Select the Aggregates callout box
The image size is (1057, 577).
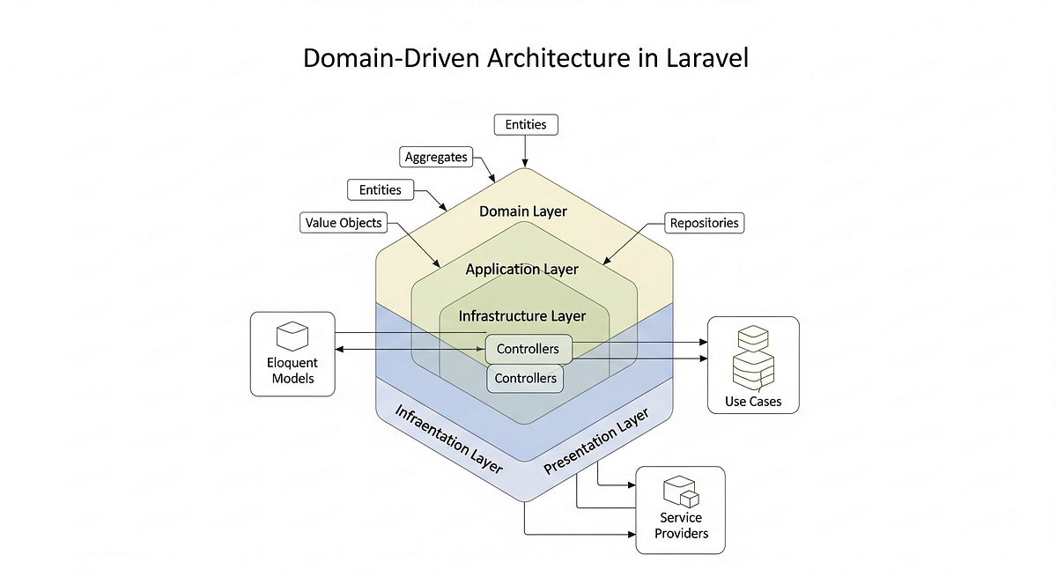435,158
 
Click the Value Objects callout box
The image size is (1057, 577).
343,223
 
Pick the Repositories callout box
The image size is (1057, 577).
705,223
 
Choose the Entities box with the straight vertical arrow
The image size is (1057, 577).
525,124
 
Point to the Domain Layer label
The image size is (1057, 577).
523,211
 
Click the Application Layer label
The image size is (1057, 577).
522,269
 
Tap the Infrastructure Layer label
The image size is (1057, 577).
522,314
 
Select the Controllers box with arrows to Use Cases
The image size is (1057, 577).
528,349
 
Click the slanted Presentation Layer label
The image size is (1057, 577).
595,441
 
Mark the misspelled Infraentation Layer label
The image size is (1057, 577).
448,440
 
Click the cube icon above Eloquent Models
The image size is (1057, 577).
290,336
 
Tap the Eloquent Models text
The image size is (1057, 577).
292,371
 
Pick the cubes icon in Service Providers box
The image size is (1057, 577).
680,492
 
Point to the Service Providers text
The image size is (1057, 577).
680,525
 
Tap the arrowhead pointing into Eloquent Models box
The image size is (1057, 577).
340,350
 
